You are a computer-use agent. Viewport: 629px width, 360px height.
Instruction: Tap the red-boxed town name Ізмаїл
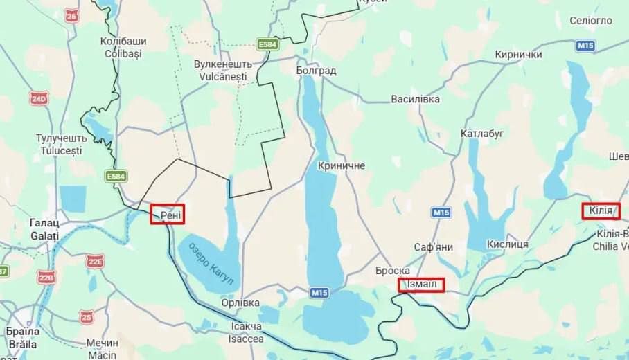421,285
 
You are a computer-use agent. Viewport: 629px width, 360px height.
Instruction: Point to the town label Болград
315,71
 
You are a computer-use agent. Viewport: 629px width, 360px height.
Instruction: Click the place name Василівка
416,99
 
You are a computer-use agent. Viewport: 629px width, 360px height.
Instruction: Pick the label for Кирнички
519,55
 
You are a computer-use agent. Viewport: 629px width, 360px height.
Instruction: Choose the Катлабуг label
482,133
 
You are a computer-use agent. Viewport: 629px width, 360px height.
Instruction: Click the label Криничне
341,166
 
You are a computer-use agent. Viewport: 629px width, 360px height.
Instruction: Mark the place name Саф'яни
434,246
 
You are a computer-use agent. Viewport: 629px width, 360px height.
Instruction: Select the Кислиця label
508,244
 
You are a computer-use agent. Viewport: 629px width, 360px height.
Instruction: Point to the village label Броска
393,271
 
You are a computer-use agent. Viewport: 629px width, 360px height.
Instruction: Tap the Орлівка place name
240,303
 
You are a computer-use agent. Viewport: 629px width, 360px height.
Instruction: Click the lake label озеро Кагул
211,263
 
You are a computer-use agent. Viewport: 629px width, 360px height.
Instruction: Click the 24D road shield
39,99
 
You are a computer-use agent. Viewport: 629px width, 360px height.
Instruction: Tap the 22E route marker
95,261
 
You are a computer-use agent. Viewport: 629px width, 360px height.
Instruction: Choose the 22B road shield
46,278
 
